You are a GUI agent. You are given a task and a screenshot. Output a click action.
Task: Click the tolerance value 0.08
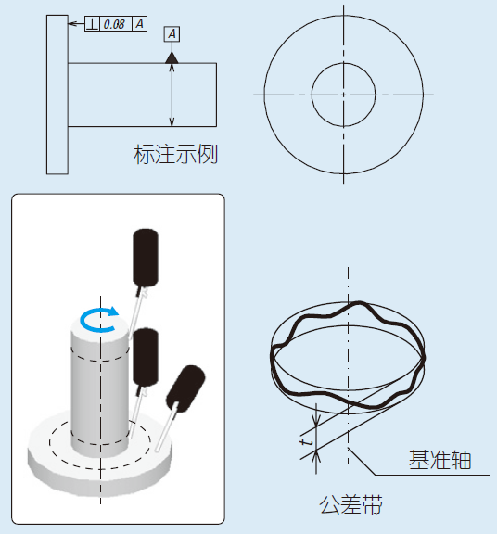click(x=115, y=24)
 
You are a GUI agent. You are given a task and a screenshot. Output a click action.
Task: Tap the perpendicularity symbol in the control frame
click(x=92, y=24)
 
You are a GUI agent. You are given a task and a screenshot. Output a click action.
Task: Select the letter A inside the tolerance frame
click(x=139, y=24)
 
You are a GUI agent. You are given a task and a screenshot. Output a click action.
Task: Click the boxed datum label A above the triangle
click(x=172, y=34)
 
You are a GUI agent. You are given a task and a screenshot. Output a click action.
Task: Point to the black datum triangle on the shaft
click(x=172, y=57)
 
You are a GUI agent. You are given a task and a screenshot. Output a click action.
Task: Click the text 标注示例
click(x=175, y=154)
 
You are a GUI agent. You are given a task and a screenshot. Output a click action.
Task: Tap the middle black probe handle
click(x=147, y=356)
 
